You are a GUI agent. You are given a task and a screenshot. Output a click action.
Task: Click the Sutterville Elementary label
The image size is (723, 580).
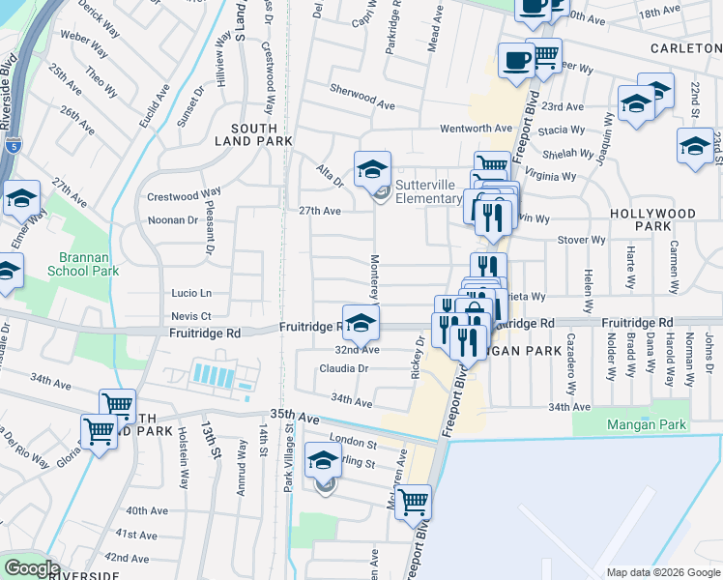(x=428, y=191)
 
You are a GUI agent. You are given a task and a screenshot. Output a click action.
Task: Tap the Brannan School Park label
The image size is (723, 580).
(x=83, y=264)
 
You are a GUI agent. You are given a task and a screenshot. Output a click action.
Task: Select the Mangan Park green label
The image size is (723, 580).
(x=646, y=424)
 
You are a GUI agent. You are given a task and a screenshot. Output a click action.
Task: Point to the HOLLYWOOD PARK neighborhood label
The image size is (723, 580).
(x=652, y=219)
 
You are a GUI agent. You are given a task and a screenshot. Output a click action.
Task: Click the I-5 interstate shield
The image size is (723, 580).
(x=10, y=146)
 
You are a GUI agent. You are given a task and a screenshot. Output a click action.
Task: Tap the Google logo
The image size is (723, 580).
(x=32, y=568)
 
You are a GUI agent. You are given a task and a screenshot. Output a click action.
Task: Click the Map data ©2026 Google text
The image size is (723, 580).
(x=663, y=572)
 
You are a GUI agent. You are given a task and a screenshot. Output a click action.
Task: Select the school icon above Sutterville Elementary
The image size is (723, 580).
(x=372, y=170)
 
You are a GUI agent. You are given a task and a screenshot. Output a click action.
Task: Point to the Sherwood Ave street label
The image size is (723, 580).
(x=362, y=104)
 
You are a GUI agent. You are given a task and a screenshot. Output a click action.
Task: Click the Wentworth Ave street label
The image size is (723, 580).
(x=476, y=128)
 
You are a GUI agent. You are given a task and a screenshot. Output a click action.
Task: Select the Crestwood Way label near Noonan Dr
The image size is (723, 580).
(x=184, y=195)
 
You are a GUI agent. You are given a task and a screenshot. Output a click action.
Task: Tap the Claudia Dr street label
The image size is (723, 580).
(x=344, y=368)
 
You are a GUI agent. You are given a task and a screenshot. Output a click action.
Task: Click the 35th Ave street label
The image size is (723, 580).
(x=295, y=414)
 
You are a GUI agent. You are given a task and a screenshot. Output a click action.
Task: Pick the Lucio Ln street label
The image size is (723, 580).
(x=191, y=293)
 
